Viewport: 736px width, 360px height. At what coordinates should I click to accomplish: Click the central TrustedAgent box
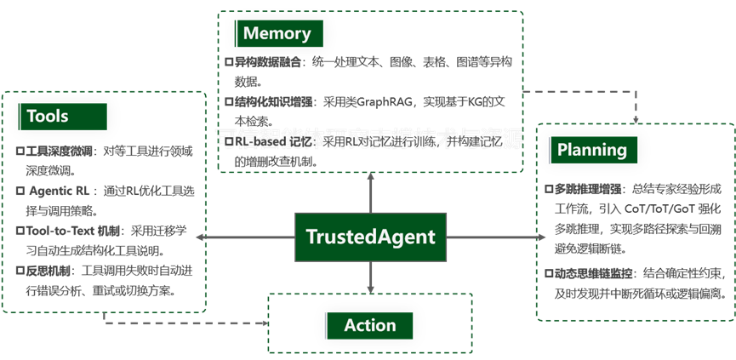(370, 237)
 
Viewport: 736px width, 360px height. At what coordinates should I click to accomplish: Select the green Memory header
(277, 34)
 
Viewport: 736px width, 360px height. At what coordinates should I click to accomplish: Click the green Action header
(369, 325)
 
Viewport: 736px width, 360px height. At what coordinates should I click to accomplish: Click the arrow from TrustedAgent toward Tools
(247, 237)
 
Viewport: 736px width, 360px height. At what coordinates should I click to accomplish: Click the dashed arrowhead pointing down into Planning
(637, 116)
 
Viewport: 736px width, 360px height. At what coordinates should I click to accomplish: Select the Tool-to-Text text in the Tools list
(57, 230)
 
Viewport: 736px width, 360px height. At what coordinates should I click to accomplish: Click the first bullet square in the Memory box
(229, 62)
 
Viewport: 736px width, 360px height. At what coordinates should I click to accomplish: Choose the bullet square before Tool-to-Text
(20, 230)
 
